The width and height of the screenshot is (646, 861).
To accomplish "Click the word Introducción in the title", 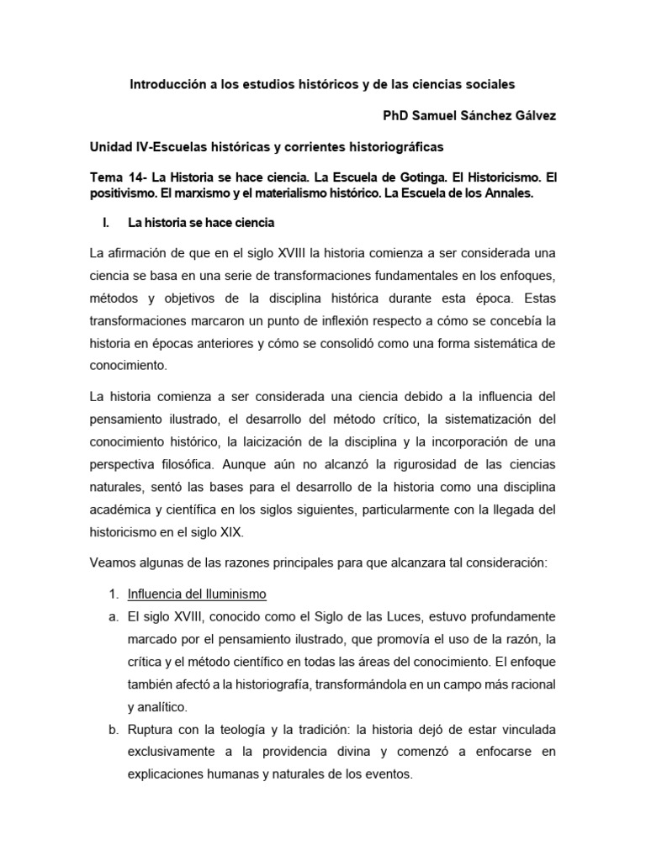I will click(x=166, y=85).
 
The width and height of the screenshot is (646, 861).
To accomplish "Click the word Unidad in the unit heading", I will click(x=111, y=146).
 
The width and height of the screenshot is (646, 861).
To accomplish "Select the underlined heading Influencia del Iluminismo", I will click(x=196, y=594).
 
